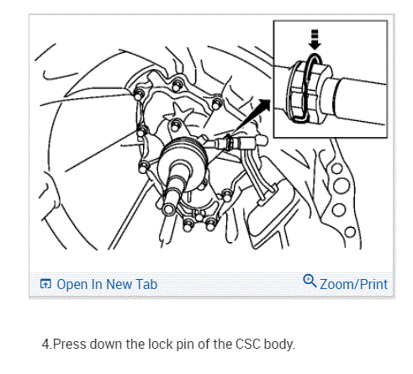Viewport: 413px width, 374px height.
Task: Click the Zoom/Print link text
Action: [x=354, y=284]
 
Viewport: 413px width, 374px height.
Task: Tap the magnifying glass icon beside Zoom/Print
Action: [x=310, y=281]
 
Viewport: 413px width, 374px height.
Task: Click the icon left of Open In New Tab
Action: [x=45, y=284]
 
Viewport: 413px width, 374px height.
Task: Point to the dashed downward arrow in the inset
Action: [x=315, y=40]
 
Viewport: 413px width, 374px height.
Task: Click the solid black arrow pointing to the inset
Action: [x=252, y=115]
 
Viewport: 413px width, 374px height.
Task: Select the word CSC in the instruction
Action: [x=248, y=345]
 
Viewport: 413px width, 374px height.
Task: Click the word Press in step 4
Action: [x=69, y=345]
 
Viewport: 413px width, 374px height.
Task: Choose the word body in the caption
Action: [x=279, y=345]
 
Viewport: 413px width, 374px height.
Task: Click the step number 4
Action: [x=45, y=345]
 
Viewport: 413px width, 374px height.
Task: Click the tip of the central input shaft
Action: [x=168, y=208]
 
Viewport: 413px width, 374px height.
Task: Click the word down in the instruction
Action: [x=106, y=345]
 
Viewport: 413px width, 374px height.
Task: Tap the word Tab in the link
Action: [x=146, y=284]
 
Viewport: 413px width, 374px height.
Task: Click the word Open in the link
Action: [x=72, y=285]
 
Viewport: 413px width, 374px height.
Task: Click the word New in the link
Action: [x=119, y=284]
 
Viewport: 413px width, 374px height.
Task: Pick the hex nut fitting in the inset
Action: [x=310, y=92]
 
